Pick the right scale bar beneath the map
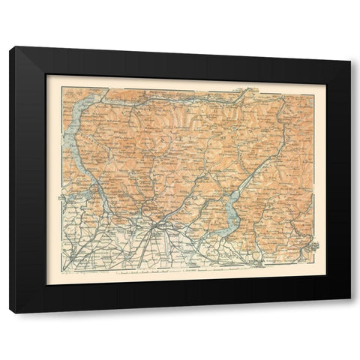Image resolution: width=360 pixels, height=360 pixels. coord(225,274)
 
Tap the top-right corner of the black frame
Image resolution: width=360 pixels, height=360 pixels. coord(349,60)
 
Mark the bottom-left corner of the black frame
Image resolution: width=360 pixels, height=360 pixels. coord(10,312)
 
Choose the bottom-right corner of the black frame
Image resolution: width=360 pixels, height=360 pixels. coord(349,299)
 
